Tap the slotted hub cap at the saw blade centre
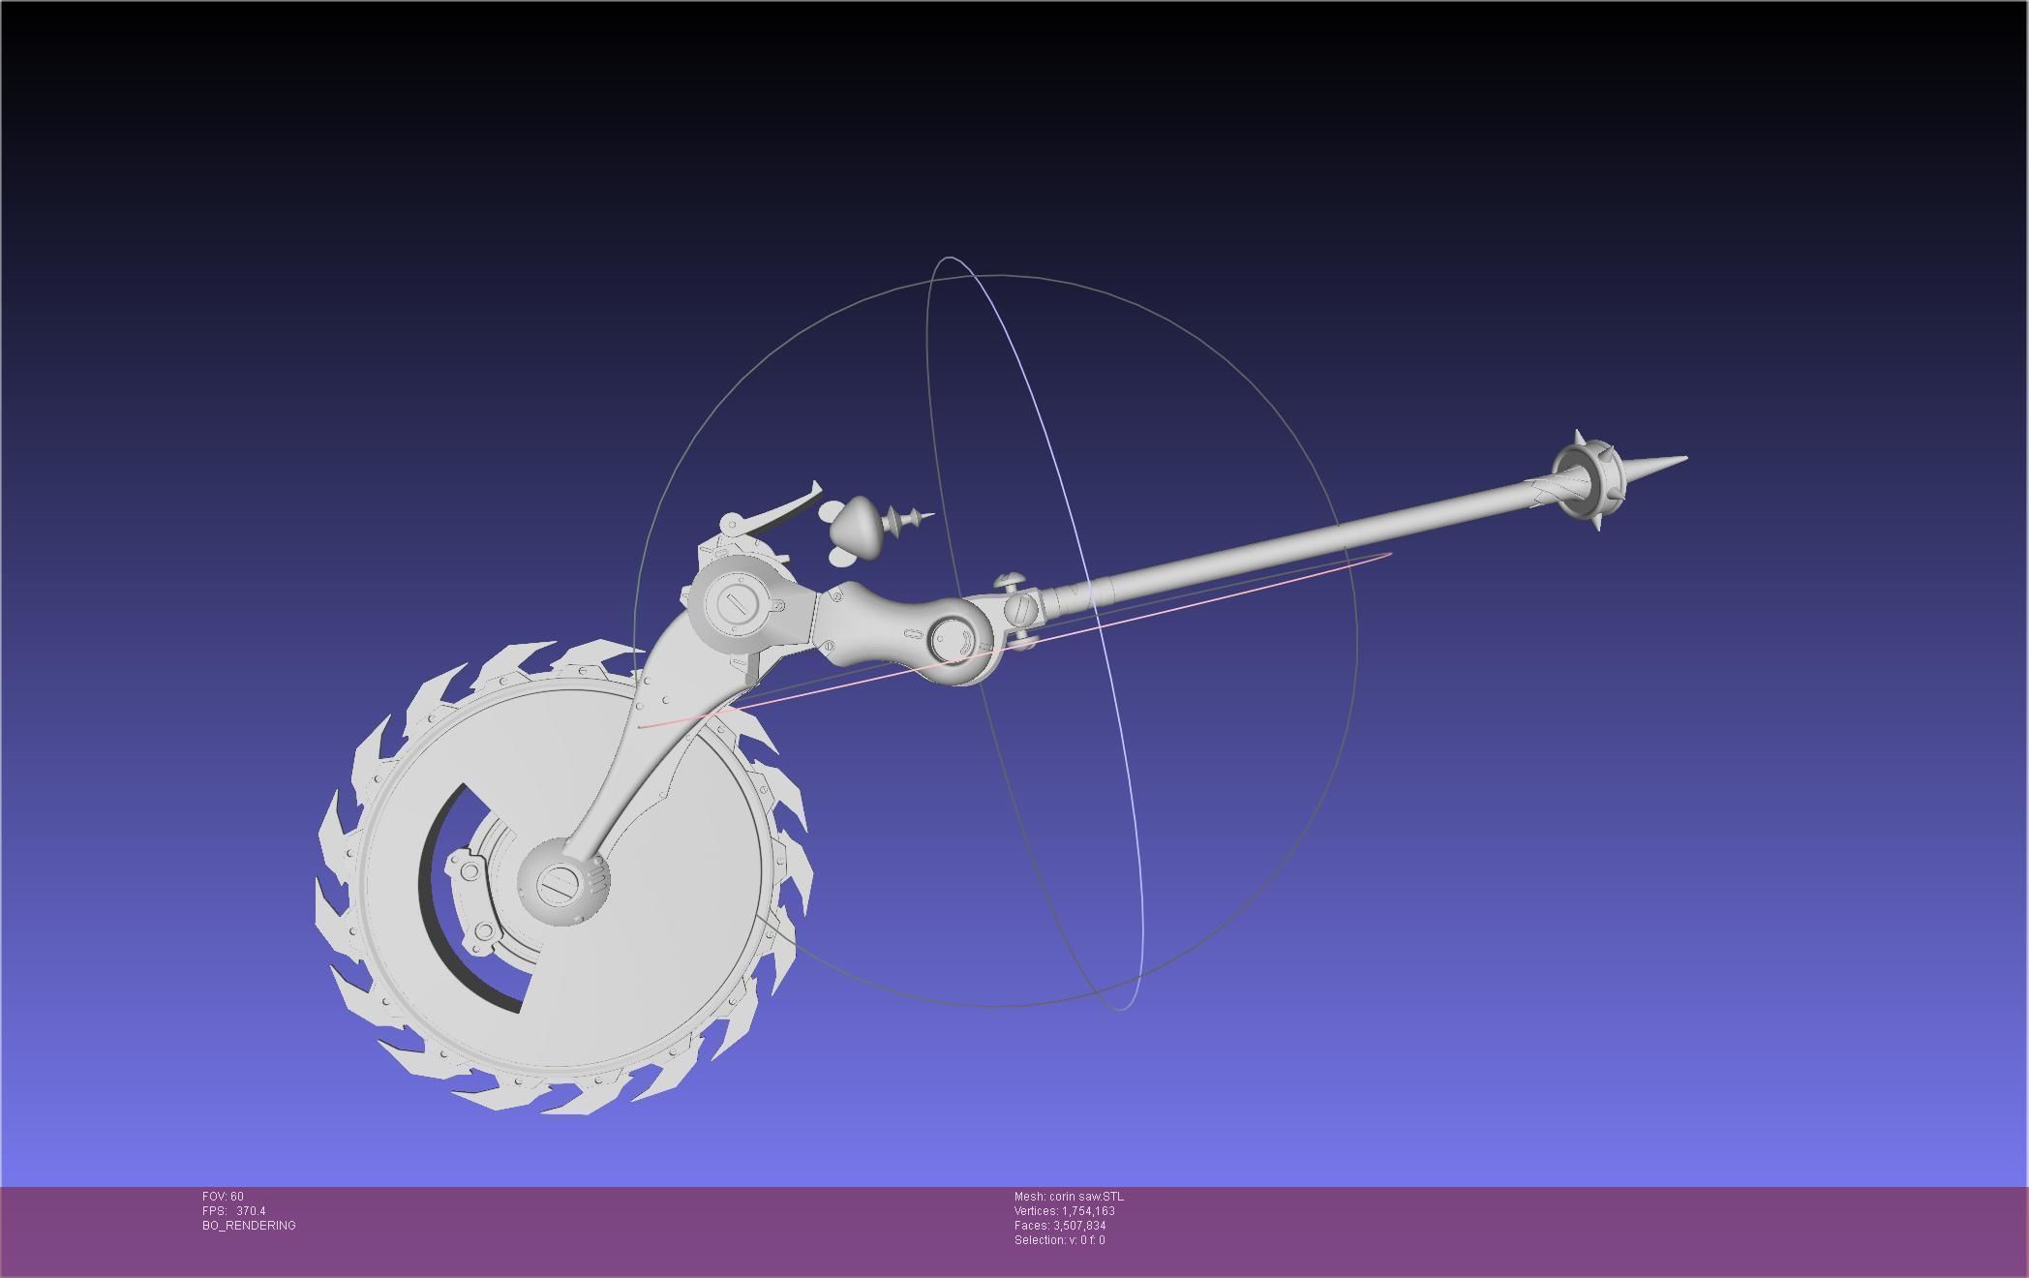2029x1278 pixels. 560,882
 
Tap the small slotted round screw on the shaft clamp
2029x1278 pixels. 1023,609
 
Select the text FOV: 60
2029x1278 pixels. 223,1197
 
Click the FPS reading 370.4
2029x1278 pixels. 250,1211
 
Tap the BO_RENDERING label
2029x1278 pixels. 249,1226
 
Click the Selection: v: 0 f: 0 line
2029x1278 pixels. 1059,1240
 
